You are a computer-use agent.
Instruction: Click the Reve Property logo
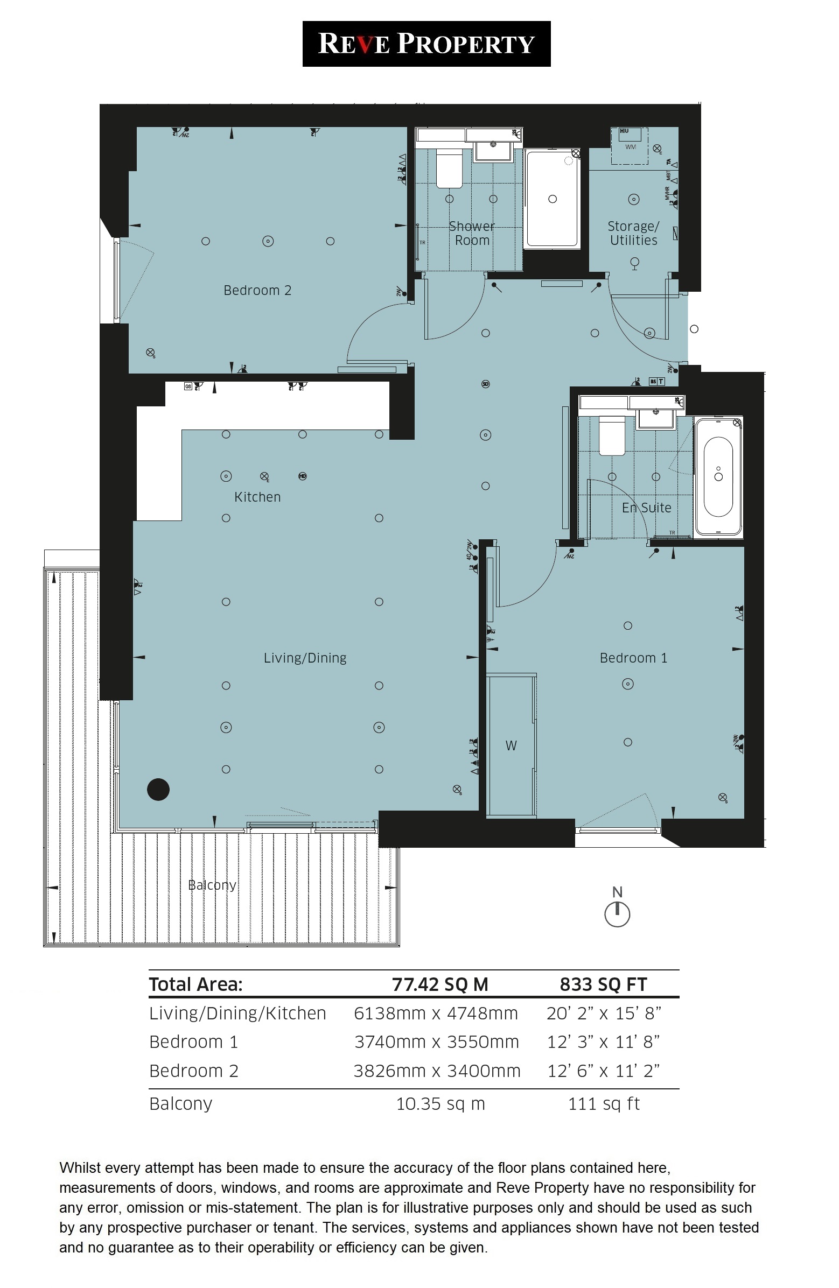click(426, 44)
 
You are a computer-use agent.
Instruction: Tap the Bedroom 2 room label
click(257, 291)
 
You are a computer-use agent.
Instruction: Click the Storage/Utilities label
click(633, 233)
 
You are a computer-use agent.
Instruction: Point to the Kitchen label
click(257, 497)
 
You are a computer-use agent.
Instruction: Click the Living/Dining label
click(305, 658)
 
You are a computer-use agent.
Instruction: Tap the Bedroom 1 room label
click(633, 658)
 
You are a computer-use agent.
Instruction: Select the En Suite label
click(646, 508)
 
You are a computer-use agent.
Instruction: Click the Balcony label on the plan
click(212, 885)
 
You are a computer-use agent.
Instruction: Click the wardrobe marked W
click(511, 746)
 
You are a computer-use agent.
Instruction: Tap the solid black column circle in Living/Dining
click(158, 790)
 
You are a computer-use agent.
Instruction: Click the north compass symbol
click(617, 913)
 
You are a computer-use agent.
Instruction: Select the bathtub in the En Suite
click(718, 477)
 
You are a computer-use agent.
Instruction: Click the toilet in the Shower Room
click(449, 168)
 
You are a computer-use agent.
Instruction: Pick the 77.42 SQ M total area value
click(440, 984)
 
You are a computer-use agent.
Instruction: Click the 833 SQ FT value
click(603, 984)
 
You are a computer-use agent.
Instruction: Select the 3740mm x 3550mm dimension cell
click(436, 1042)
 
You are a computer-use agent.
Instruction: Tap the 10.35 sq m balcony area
click(440, 1103)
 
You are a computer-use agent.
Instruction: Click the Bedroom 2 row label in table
click(194, 1071)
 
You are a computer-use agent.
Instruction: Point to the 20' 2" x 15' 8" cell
click(604, 1013)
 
